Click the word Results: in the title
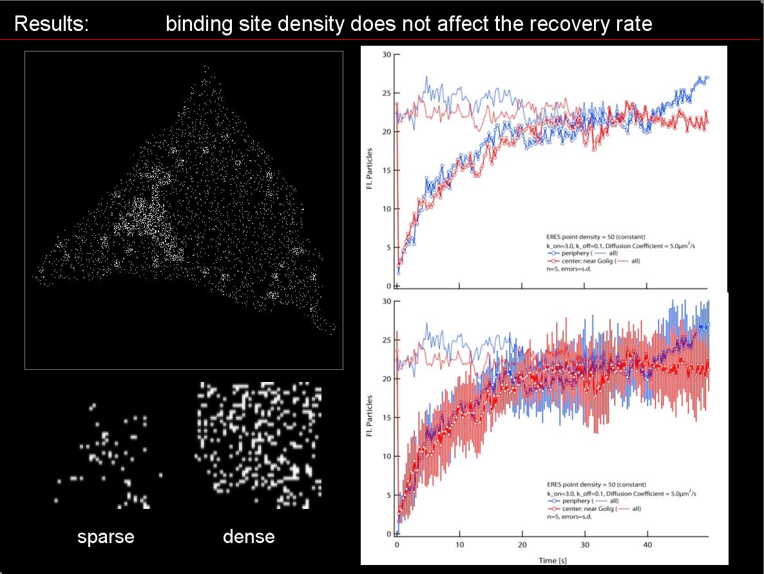pos(52,24)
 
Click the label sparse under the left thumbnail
pos(106,537)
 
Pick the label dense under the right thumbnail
pos(249,537)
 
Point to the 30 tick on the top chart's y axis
pos(387,55)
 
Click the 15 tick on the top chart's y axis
pos(387,171)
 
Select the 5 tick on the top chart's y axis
pos(388,248)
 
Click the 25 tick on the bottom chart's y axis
pos(387,340)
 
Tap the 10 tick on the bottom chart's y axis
pos(387,457)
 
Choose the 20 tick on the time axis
pos(522,545)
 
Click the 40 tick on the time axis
pos(647,545)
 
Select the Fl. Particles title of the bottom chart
pos(370,417)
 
